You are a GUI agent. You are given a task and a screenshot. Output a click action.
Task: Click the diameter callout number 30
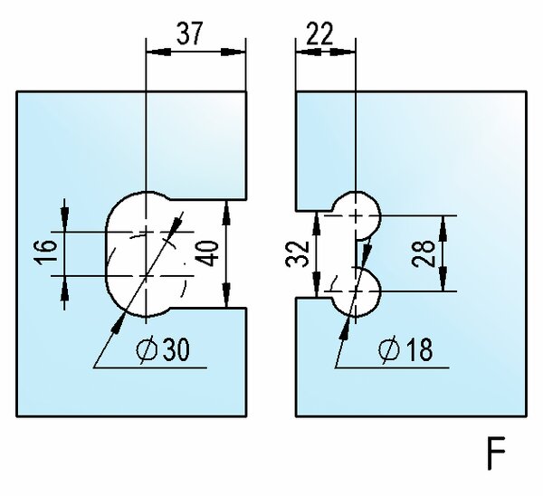[176, 350]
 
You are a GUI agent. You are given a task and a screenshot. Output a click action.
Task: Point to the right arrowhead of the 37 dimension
[241, 52]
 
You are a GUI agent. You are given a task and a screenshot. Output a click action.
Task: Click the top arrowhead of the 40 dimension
[226, 209]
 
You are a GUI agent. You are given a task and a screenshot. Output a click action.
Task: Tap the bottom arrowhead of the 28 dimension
[444, 285]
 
